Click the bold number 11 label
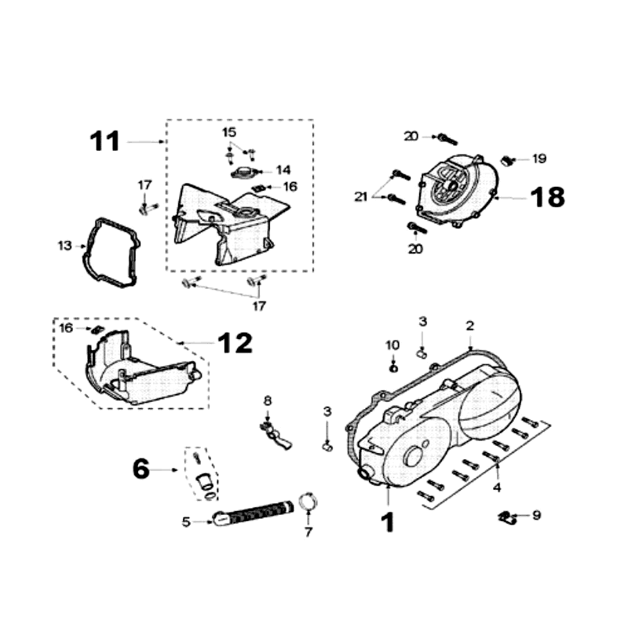pyautogui.click(x=104, y=141)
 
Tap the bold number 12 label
pyautogui.click(x=235, y=342)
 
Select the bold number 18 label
pyautogui.click(x=547, y=197)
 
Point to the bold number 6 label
pyautogui.click(x=141, y=469)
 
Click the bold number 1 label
pyautogui.click(x=387, y=522)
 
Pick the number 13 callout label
pyautogui.click(x=64, y=246)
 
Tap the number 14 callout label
pyautogui.click(x=283, y=170)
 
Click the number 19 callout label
pyautogui.click(x=539, y=159)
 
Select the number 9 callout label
pyautogui.click(x=537, y=516)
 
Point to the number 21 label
pyautogui.click(x=360, y=197)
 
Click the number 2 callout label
pyautogui.click(x=469, y=325)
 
